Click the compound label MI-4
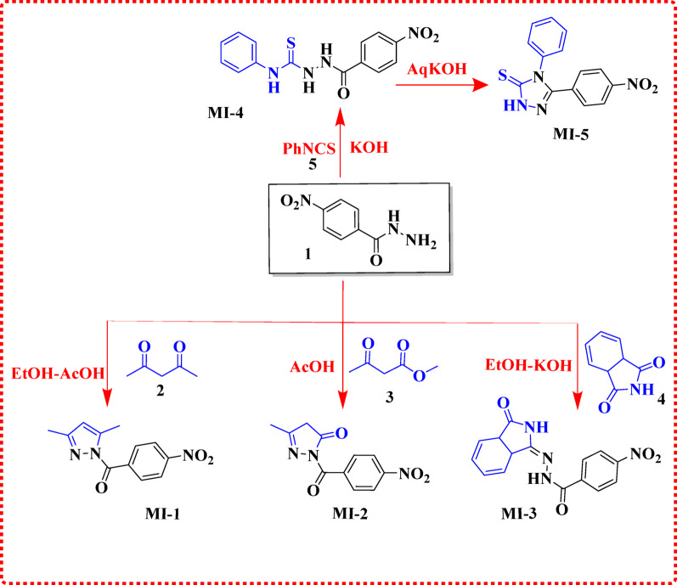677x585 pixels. [225, 114]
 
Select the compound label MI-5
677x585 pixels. [571, 134]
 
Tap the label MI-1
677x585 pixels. [162, 514]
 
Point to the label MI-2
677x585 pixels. [350, 514]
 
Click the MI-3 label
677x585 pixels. [519, 514]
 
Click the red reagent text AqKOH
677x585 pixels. [437, 68]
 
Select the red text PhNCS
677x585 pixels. [309, 149]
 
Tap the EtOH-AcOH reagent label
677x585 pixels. [58, 374]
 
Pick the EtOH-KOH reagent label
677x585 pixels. [528, 365]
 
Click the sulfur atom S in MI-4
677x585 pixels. [291, 42]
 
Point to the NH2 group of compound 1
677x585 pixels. [421, 242]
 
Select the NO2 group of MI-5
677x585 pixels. [642, 85]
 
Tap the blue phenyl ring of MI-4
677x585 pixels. [239, 53]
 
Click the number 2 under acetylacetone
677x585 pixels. [161, 391]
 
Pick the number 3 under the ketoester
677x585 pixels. [389, 397]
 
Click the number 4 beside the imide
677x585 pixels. [661, 399]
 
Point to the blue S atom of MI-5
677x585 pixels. [503, 76]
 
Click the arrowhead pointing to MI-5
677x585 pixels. [480, 85]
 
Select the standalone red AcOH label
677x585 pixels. [312, 367]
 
